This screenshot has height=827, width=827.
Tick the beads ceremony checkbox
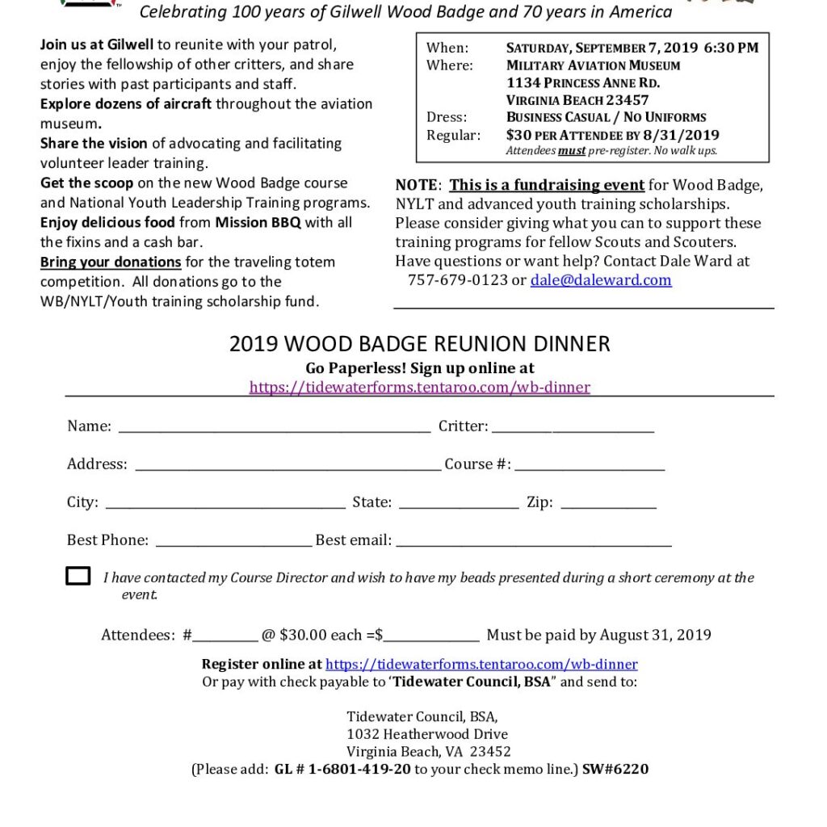tap(78, 576)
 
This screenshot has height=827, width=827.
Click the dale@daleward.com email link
tap(601, 280)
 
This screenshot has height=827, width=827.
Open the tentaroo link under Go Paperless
tap(420, 387)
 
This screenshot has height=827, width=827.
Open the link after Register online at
tap(481, 664)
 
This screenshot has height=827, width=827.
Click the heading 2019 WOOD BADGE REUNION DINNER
tap(420, 344)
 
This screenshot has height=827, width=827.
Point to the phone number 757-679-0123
tap(457, 280)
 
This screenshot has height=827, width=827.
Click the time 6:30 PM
tap(731, 48)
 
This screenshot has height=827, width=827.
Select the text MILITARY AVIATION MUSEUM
tap(593, 65)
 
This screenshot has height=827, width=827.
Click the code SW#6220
tap(615, 769)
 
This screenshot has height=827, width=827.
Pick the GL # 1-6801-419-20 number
tap(342, 769)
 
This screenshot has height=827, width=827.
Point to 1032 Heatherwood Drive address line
tap(427, 734)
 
